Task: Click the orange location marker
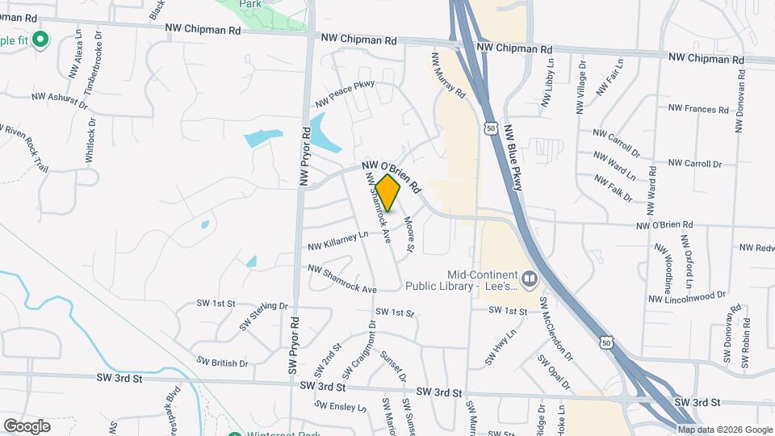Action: point(388,192)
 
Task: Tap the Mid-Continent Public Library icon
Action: point(530,279)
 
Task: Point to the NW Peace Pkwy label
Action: point(345,93)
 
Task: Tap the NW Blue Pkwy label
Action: point(514,157)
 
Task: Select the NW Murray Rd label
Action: point(449,76)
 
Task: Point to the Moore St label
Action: point(408,233)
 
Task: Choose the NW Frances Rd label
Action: point(699,107)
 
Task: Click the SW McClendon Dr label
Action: point(556,329)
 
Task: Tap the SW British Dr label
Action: point(223,363)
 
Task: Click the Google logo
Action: point(27,426)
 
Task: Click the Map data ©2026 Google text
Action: point(724,430)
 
